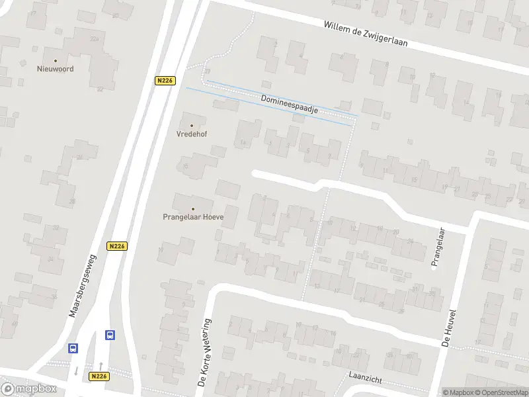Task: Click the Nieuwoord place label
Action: [56, 69]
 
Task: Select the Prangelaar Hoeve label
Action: [193, 216]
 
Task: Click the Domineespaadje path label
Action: [290, 105]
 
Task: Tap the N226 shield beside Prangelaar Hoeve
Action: [116, 245]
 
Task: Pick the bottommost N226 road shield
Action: [99, 376]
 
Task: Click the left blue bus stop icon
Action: [73, 348]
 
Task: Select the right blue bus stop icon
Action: [110, 335]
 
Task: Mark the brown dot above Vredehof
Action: [192, 125]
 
